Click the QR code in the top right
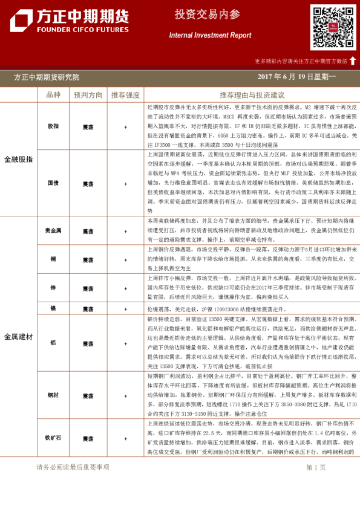(333, 27)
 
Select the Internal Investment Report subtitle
(210, 36)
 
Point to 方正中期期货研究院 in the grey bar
(46, 77)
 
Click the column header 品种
(53, 95)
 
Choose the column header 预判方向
(88, 95)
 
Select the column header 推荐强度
(125, 95)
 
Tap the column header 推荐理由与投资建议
(252, 95)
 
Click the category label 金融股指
(18, 159)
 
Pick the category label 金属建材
(18, 336)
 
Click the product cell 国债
(53, 183)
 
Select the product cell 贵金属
(53, 231)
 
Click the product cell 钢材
(53, 395)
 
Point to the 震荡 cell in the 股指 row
(88, 127)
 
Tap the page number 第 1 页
(316, 467)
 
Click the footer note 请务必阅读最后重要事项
(73, 467)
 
